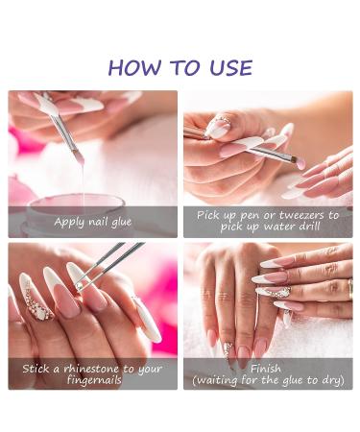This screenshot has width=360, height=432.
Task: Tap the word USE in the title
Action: [229, 67]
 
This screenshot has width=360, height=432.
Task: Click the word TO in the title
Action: [182, 67]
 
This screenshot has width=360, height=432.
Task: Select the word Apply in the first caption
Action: [68, 222]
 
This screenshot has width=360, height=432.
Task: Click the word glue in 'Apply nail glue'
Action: [117, 222]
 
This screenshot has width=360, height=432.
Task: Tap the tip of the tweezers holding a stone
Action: [80, 285]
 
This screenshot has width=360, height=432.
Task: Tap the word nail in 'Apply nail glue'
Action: [94, 222]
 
